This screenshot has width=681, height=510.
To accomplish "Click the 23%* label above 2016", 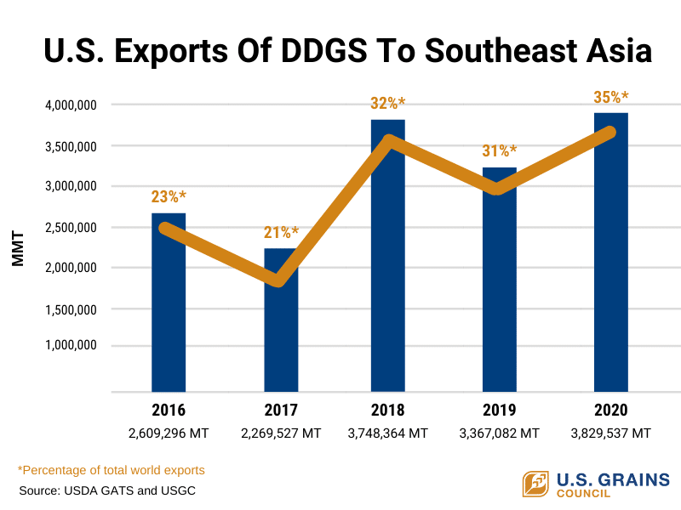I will pos(169,196).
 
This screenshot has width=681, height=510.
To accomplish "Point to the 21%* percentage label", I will pos(282,232).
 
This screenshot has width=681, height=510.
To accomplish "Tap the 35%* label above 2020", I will pos(610,96).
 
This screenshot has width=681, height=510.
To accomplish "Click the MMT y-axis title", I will pos(19,246).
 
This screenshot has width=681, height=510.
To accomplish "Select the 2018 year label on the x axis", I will pos(388,410).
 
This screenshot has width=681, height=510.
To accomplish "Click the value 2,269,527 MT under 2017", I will pos(281,433).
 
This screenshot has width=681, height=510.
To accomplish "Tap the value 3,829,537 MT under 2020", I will pos(610,433).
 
